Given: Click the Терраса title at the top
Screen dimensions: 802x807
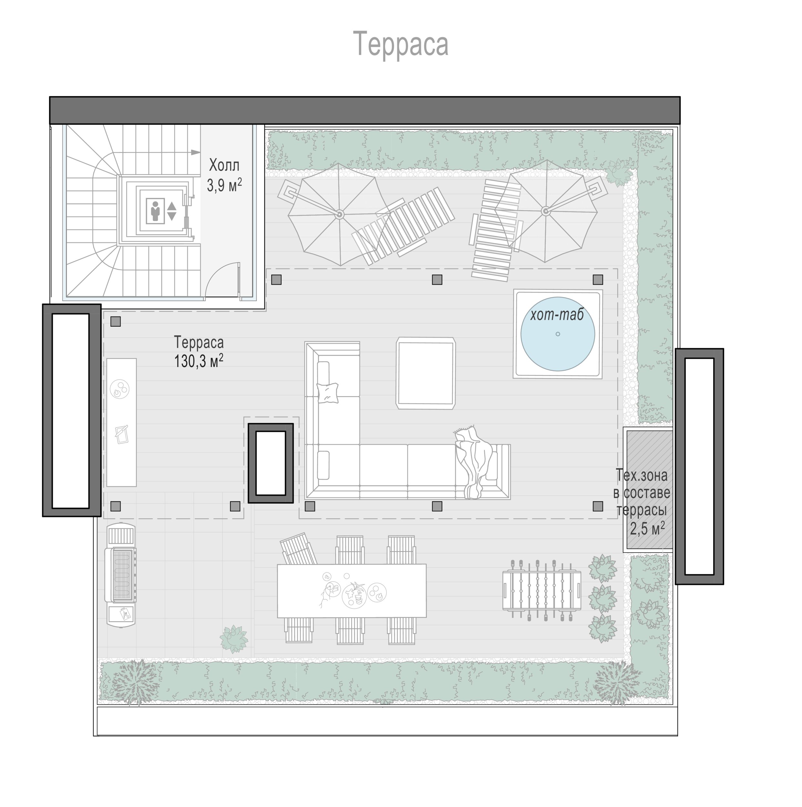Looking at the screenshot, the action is pyautogui.click(x=401, y=44).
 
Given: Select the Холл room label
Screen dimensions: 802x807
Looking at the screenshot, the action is pyautogui.click(x=225, y=165).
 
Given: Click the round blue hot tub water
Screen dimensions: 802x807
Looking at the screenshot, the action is pyautogui.click(x=558, y=333).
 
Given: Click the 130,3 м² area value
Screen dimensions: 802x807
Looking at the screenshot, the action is pyautogui.click(x=198, y=361).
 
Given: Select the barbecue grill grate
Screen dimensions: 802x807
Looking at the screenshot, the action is pyautogui.click(x=123, y=574).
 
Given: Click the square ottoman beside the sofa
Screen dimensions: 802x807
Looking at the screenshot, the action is pyautogui.click(x=426, y=373).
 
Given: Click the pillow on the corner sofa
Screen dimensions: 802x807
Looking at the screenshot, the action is pyautogui.click(x=328, y=393).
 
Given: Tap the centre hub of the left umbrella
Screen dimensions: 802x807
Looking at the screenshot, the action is pyautogui.click(x=339, y=214).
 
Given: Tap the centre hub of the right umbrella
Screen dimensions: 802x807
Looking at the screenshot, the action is pyautogui.click(x=545, y=211).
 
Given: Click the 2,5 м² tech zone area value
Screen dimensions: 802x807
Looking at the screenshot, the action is pyautogui.click(x=647, y=528).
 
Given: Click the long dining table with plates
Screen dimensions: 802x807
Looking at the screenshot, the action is pyautogui.click(x=352, y=591).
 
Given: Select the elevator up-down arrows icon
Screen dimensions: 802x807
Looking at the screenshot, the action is pyautogui.click(x=172, y=211).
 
